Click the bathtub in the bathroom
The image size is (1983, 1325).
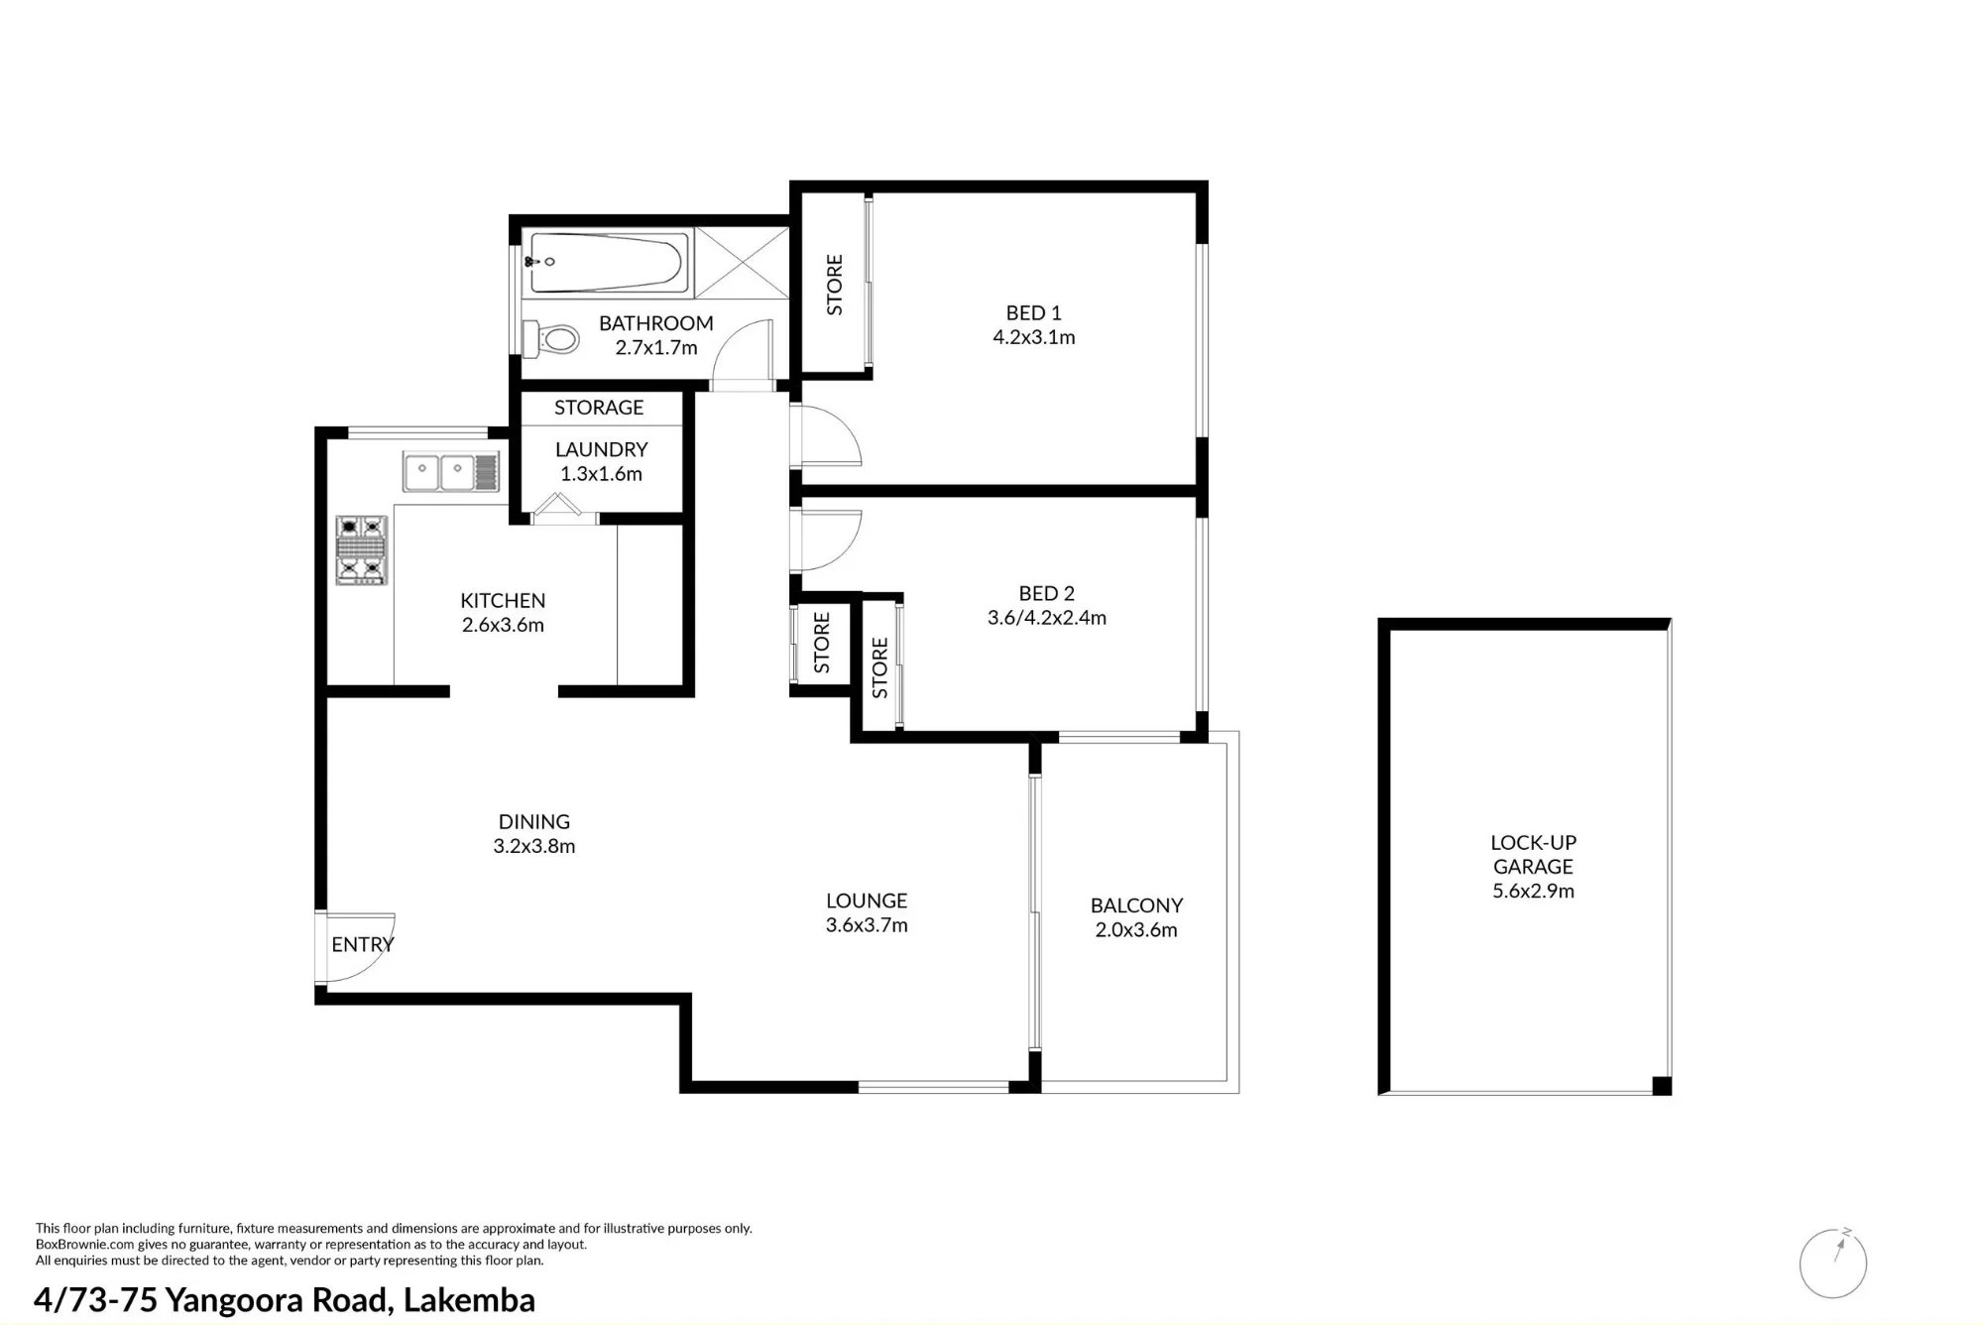click(x=607, y=263)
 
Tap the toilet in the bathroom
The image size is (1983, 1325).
click(x=551, y=339)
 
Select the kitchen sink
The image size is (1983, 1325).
click(x=451, y=472)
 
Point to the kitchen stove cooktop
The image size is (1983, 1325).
click(x=361, y=549)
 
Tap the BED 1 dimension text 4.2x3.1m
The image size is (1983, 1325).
click(x=1034, y=337)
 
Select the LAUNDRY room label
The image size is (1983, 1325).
click(x=601, y=449)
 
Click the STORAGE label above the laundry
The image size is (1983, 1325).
click(x=599, y=408)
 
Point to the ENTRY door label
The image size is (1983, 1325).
click(x=363, y=944)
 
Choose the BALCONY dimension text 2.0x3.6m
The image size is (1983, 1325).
click(x=1136, y=930)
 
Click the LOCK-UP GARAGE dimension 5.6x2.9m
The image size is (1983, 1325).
click(x=1534, y=891)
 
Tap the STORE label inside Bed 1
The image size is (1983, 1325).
click(x=835, y=285)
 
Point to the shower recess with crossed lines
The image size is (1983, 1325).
click(x=742, y=262)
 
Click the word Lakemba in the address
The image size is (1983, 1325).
click(x=469, y=1299)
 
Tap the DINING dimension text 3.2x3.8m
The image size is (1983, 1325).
click(x=534, y=846)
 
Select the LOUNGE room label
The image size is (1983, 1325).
click(x=867, y=901)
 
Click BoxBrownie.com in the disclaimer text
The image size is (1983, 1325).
click(x=84, y=1245)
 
